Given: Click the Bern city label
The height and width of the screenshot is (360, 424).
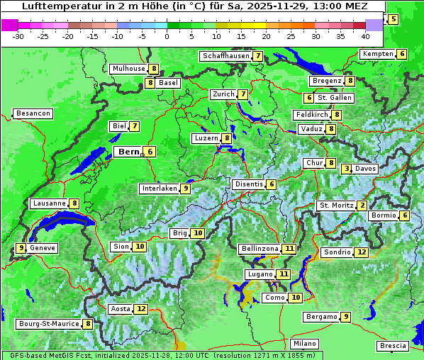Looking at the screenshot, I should click(x=129, y=152).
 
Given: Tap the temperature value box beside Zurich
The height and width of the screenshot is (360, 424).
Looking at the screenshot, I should click(x=242, y=94).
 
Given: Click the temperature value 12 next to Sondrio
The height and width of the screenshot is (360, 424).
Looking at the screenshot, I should click(x=362, y=252).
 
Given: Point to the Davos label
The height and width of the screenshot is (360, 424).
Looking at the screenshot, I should click(x=365, y=169).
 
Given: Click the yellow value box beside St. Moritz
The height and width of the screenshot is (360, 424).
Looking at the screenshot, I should click(x=362, y=206).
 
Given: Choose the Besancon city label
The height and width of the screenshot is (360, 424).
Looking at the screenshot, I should click(x=33, y=113).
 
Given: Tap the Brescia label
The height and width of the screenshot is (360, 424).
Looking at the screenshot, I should click(x=393, y=346).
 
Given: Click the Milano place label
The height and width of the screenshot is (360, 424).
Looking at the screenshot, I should click(x=305, y=344).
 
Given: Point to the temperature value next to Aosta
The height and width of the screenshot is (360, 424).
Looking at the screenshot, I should click(x=142, y=309).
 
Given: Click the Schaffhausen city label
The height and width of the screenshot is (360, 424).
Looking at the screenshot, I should click(x=225, y=56).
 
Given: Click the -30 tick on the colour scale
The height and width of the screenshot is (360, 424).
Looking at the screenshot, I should click(x=18, y=35).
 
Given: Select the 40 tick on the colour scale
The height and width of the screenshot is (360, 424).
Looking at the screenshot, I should click(x=365, y=35).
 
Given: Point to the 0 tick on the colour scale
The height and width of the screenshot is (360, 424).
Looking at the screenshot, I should click(x=167, y=35).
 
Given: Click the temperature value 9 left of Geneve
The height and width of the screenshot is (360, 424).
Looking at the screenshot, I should click(x=21, y=248).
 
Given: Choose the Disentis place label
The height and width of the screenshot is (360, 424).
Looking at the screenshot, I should click(x=249, y=184).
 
